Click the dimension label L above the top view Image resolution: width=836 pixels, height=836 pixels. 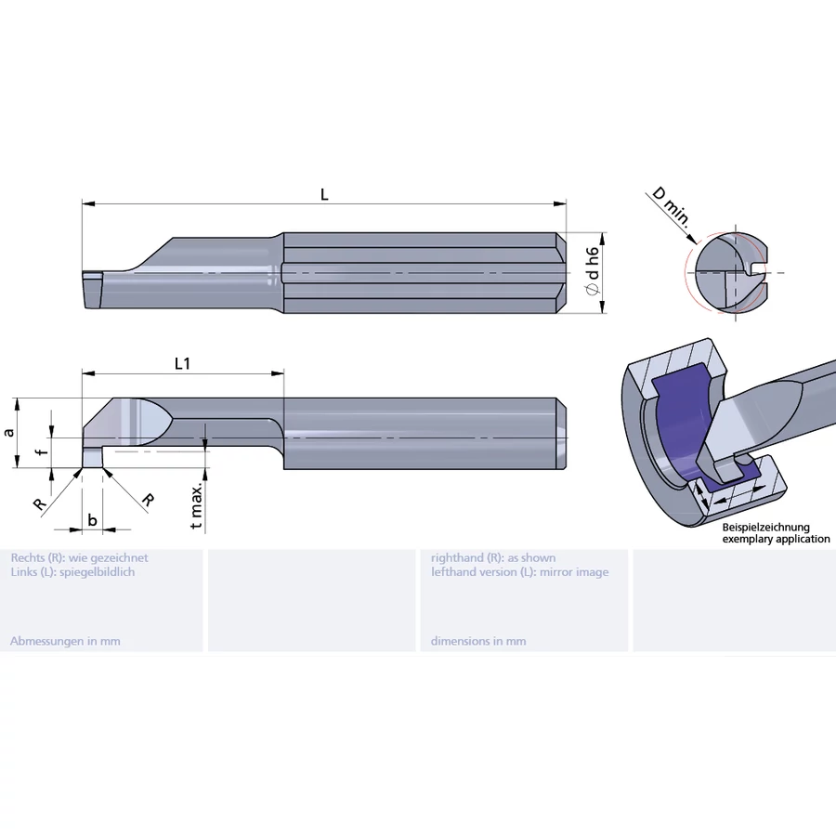point(324,194)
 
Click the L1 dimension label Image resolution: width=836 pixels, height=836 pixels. point(182,364)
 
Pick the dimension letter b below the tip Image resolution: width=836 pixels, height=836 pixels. point(92,520)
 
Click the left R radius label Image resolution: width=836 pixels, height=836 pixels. point(39,503)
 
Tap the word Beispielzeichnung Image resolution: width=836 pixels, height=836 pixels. point(766,527)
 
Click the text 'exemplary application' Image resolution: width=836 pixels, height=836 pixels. point(776,539)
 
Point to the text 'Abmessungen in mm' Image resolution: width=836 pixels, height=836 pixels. point(65,641)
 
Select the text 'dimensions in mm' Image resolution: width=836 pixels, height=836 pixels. point(478,641)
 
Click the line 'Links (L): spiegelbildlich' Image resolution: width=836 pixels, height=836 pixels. point(72,572)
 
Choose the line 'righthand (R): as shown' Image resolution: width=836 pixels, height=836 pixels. point(493,558)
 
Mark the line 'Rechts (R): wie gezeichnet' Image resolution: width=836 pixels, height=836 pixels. point(79,558)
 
